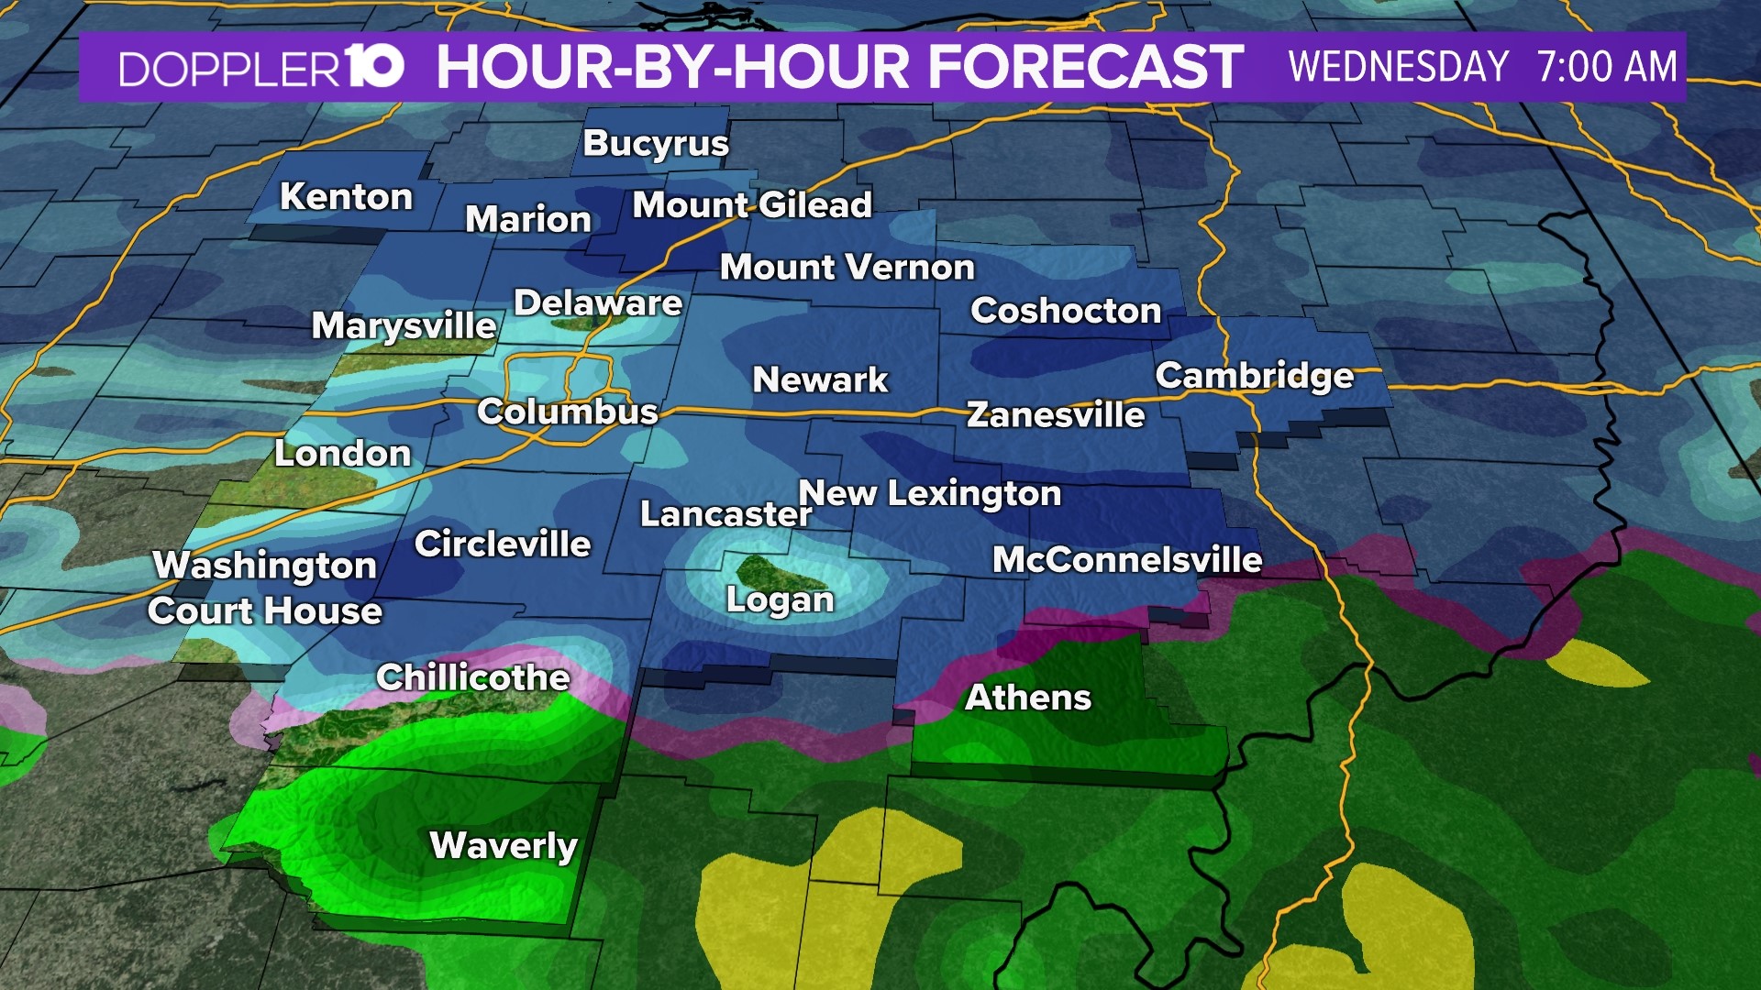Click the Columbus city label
coord(568,412)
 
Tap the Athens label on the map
coord(1028,698)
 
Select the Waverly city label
coord(504,844)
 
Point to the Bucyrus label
coord(656,144)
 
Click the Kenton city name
coord(346,196)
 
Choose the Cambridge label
coord(1254,376)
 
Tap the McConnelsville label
coord(1127,560)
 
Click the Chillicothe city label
coord(473,677)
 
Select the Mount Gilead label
coord(752,204)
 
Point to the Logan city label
coord(780,600)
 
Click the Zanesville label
coord(1056,415)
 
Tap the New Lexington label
coord(930,493)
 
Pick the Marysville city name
coord(404,325)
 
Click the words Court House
coord(265,611)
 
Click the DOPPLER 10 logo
coord(261,68)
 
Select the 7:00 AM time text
coord(1607,67)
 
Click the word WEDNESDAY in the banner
coord(1398,67)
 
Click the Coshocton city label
coord(1066,311)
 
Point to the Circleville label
coord(503,544)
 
